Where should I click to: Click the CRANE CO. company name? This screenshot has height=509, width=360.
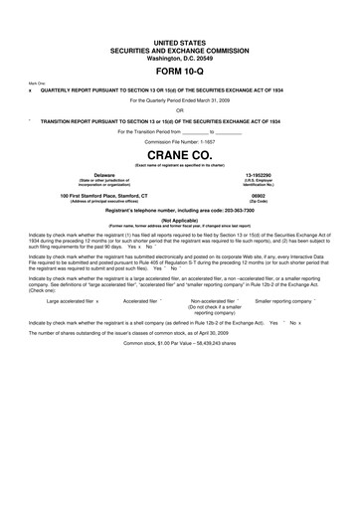coord(179,155)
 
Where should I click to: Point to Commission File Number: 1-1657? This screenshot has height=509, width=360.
coord(179,141)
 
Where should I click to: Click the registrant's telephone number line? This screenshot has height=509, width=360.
coord(179,211)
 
